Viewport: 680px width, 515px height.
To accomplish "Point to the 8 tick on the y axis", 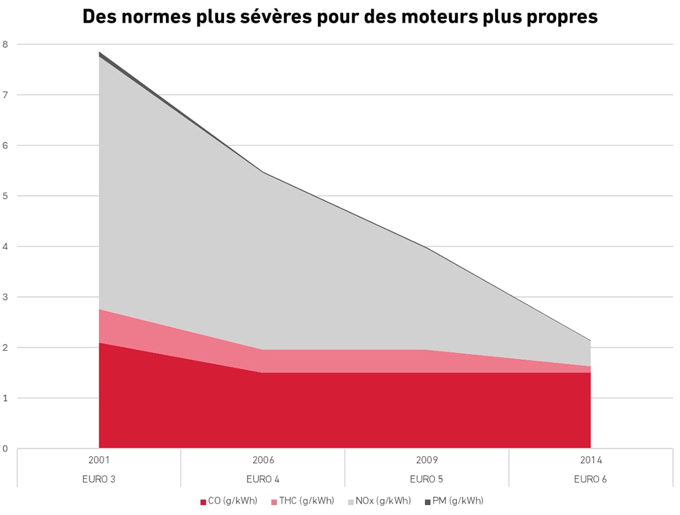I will click(6, 44).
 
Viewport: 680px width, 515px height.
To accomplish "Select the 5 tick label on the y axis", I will click(6, 196).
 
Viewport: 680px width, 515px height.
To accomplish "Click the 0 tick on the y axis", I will click(6, 449).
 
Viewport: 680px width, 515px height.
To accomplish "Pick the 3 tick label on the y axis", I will click(6, 297).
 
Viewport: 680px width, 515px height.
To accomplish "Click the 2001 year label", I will click(99, 460).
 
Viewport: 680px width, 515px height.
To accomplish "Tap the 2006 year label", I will click(263, 460).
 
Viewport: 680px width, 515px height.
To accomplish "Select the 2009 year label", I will click(427, 460).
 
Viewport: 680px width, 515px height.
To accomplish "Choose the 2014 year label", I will click(591, 460).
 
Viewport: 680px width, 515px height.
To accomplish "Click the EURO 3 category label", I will click(99, 479).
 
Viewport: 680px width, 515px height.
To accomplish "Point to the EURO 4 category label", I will click(263, 479).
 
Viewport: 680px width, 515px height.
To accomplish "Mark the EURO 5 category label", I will click(427, 479).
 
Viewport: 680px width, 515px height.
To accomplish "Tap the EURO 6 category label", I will click(591, 479).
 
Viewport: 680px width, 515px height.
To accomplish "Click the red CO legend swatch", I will click(203, 502).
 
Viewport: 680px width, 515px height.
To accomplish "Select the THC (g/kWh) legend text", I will click(306, 502).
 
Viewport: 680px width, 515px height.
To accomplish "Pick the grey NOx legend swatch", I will click(350, 502).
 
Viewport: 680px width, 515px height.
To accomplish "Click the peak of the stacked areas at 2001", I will click(99, 53).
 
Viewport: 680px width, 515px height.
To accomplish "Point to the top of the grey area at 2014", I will click(590, 341).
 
